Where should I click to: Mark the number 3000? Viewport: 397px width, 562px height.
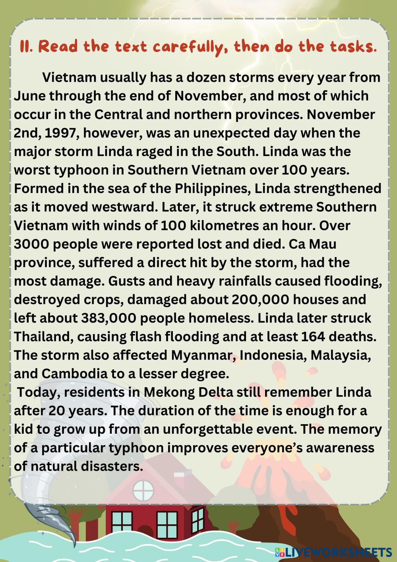[x=31, y=244]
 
